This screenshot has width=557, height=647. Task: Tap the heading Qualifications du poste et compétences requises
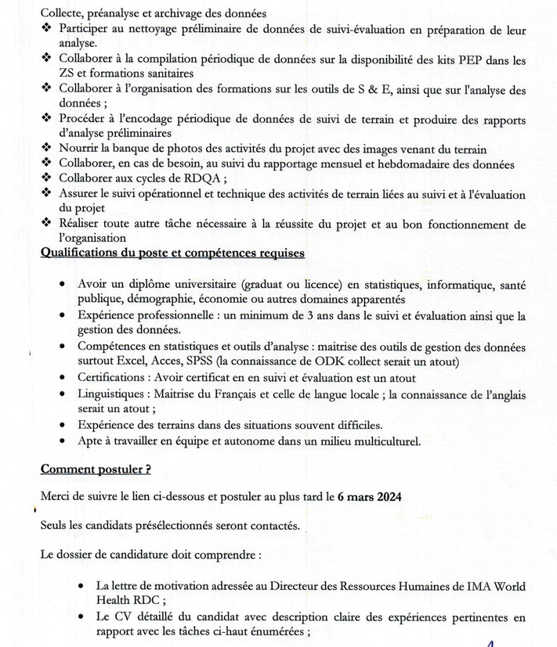pyautogui.click(x=172, y=253)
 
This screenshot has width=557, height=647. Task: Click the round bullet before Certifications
pyautogui.click(x=62, y=376)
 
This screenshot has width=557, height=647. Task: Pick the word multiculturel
pyautogui.click(x=383, y=441)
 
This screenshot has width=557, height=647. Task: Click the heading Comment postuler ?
pyautogui.click(x=96, y=469)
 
